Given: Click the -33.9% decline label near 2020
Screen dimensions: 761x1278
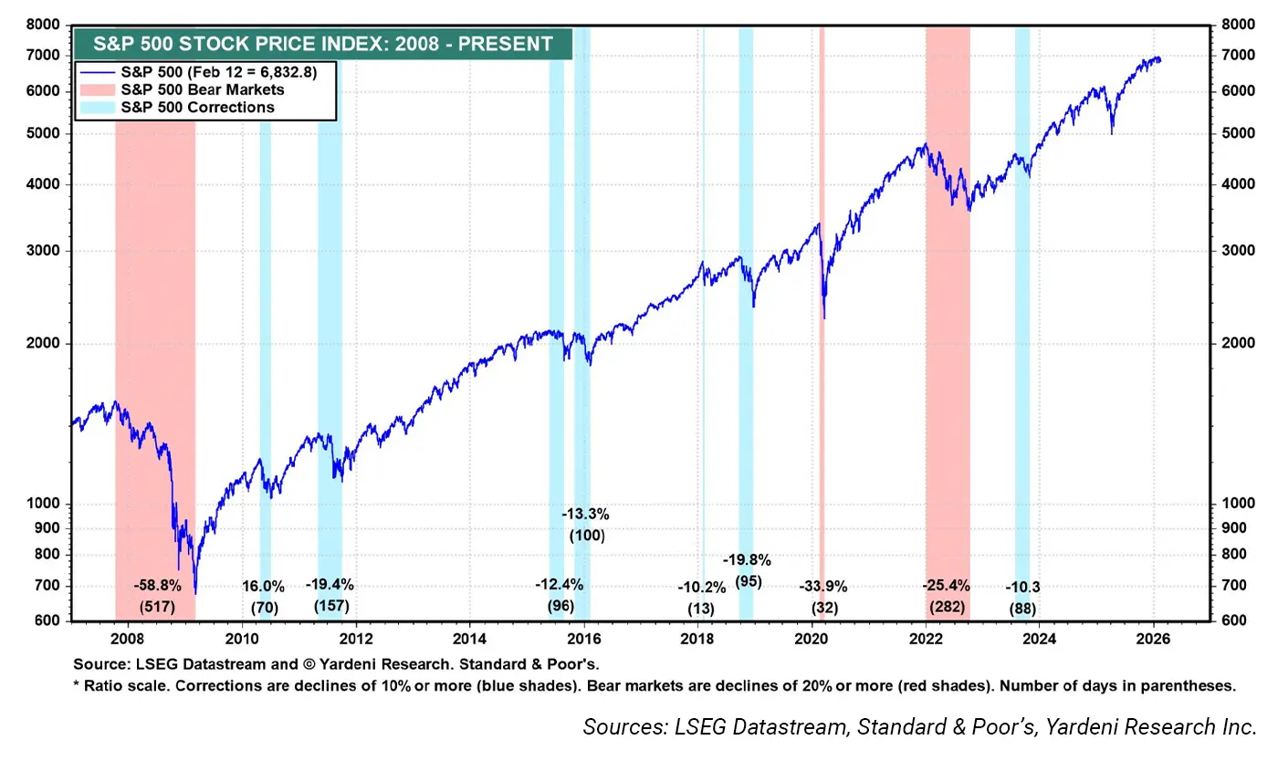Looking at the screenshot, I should pos(822,586).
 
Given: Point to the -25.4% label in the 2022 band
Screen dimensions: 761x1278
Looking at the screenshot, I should pos(947,585).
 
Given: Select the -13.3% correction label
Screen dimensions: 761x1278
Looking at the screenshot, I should pos(585,514).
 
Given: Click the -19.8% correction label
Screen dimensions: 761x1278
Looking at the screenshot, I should pos(747,560).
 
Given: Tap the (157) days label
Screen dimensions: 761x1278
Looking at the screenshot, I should pos(330,606).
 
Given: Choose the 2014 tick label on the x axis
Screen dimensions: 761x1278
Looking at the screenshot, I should pos(469,639).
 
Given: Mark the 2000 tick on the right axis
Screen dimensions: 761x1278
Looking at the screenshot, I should pos(1227,344).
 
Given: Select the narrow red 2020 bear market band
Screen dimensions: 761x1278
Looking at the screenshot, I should pos(822,274).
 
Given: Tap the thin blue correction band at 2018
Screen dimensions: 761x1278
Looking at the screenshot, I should pos(703,274).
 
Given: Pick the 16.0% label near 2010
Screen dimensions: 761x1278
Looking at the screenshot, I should pos(263,586).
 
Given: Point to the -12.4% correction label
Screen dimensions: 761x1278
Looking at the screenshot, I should pos(559,585).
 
